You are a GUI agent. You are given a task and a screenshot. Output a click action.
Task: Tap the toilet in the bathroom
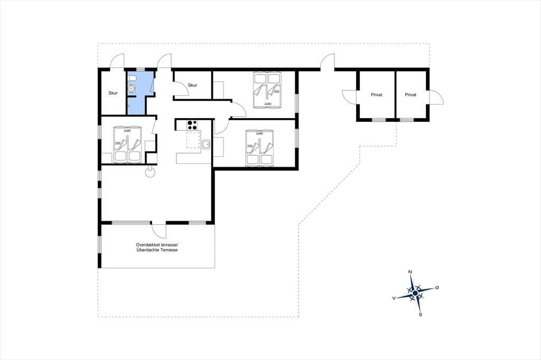(x=132, y=79)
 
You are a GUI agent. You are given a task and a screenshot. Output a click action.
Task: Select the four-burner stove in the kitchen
(x=192, y=125)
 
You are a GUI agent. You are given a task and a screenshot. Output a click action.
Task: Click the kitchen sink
(x=207, y=144)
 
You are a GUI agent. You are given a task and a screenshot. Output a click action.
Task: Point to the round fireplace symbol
(x=150, y=172)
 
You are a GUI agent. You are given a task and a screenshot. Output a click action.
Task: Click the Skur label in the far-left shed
(x=113, y=93)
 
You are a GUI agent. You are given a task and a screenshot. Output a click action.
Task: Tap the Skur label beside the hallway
(x=192, y=85)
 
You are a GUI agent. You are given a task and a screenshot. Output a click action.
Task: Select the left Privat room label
(x=376, y=95)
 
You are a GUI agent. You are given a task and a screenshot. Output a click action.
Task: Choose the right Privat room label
(x=411, y=95)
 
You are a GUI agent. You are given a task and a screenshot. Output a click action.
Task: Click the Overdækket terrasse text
(x=156, y=245)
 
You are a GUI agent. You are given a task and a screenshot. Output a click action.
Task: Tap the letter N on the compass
(x=410, y=272)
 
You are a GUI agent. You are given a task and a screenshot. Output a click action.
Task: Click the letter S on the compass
(x=421, y=315)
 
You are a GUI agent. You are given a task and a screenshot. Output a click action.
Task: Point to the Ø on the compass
(x=437, y=288)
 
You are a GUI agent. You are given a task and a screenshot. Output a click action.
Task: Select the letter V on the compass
(x=394, y=298)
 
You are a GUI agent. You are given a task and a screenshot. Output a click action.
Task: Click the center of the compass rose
(x=415, y=293)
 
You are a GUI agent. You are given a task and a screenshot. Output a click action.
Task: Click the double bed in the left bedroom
(x=128, y=144)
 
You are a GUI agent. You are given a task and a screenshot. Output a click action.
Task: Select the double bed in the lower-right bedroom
(x=259, y=147)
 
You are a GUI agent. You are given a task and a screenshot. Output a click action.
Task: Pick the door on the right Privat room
(x=436, y=97)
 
